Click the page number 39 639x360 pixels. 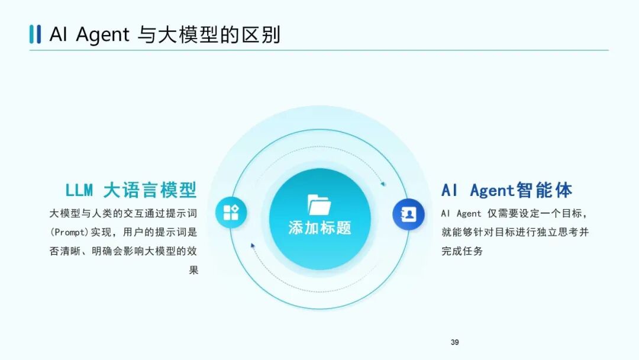(x=454, y=342)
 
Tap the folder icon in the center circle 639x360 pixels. (x=319, y=204)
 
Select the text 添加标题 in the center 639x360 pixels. (x=319, y=228)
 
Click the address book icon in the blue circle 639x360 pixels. (x=408, y=214)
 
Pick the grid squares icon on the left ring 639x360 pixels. (x=231, y=212)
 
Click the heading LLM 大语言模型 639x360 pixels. (x=131, y=190)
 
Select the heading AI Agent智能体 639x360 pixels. (x=507, y=190)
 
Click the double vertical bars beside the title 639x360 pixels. (x=35, y=34)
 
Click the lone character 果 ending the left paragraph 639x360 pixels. (x=193, y=270)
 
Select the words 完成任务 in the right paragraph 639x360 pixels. (x=462, y=251)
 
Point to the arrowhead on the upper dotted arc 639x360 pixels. (x=383, y=184)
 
